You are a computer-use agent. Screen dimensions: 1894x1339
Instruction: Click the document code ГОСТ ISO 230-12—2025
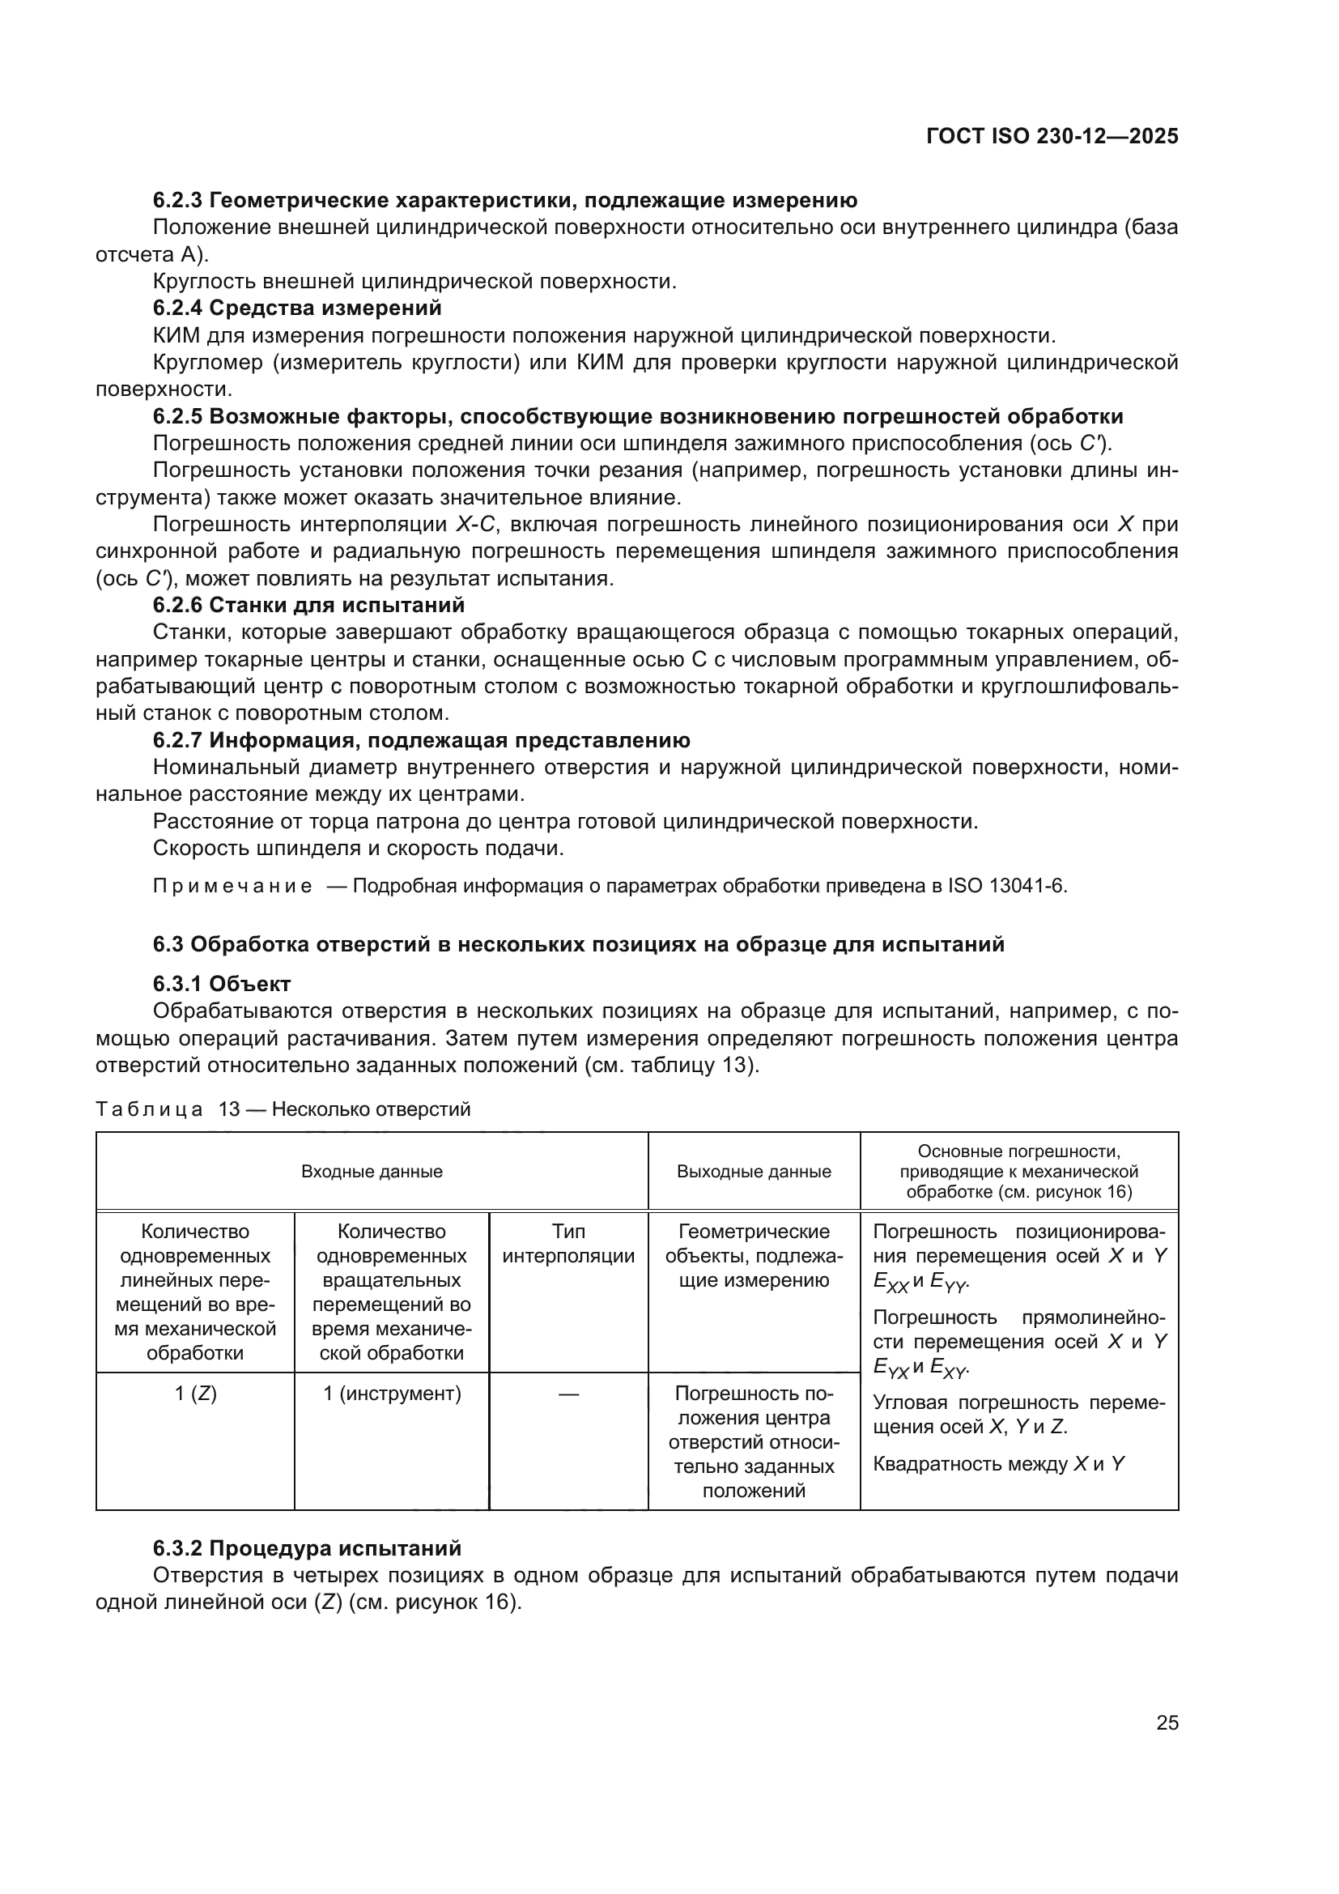(x=1052, y=137)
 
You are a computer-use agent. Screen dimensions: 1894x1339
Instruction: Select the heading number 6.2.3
(x=177, y=201)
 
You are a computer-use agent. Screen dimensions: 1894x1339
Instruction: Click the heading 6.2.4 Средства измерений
(x=297, y=309)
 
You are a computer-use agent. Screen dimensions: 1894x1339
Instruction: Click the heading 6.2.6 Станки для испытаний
(x=308, y=606)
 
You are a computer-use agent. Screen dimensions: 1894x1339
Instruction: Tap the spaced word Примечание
(x=232, y=887)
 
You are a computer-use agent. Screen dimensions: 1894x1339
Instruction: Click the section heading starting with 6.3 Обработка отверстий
(x=578, y=944)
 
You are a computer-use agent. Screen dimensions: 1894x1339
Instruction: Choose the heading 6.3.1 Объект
(x=222, y=984)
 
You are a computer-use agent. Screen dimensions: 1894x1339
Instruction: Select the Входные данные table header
(x=372, y=1172)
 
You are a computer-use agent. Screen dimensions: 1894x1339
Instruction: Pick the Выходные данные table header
(x=754, y=1172)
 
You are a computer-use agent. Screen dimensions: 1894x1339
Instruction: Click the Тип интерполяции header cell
(x=568, y=1244)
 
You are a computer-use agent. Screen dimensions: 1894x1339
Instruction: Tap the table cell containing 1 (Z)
(x=195, y=1394)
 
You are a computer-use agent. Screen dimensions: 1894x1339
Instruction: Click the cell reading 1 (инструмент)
(x=392, y=1394)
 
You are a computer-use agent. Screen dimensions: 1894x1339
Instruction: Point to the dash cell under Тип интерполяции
(x=568, y=1394)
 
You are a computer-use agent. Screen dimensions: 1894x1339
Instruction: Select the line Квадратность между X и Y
(x=997, y=1464)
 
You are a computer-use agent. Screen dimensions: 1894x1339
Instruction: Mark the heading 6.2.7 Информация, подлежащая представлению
(x=421, y=740)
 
